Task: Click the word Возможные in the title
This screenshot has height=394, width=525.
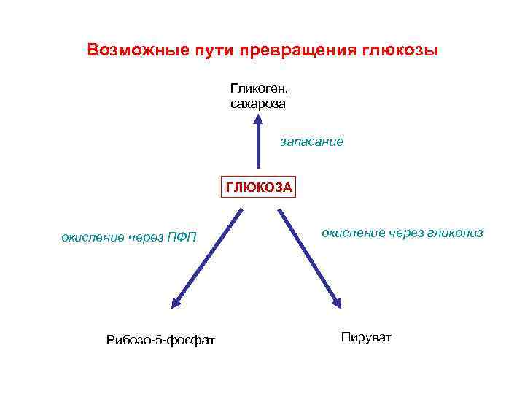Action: pyautogui.click(x=133, y=50)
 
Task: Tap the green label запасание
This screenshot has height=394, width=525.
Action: pyautogui.click(x=311, y=142)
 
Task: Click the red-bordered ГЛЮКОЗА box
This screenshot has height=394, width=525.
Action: pyautogui.click(x=259, y=187)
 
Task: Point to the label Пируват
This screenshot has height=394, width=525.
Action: pyautogui.click(x=365, y=337)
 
